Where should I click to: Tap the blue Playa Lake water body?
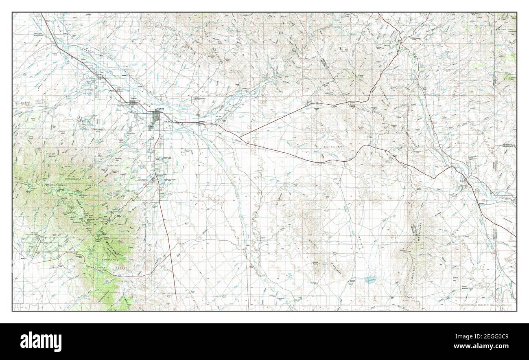pos(369,280)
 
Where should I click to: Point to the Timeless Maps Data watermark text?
pos(484,305)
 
